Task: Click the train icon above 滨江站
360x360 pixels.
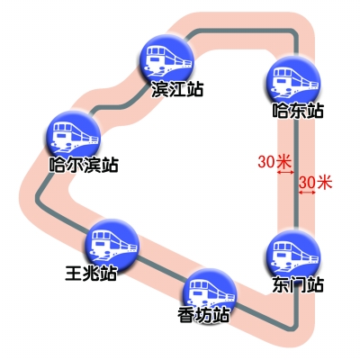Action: [166, 61]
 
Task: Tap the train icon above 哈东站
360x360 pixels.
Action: [293, 78]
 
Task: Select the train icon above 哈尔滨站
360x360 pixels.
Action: [73, 138]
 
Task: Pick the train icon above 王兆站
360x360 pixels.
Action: [112, 245]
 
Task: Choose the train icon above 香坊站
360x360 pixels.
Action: [210, 294]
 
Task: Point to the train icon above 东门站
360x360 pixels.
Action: [293, 256]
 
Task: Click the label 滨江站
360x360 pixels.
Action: [177, 89]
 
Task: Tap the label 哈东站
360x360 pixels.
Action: [298, 111]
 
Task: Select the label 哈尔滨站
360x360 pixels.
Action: [84, 165]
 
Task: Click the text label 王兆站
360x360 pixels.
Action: [91, 273]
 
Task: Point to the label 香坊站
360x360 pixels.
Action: [203, 315]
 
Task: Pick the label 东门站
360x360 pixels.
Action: [298, 284]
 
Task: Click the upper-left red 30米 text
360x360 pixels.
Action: [274, 162]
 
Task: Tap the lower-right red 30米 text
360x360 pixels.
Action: [315, 182]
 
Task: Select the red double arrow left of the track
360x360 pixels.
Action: [285, 173]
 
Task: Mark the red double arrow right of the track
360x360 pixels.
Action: [307, 193]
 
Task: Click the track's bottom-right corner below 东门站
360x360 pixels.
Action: [295, 326]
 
